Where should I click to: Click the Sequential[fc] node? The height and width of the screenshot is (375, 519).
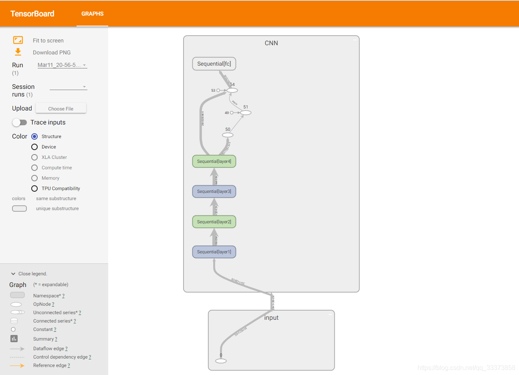[x=214, y=64]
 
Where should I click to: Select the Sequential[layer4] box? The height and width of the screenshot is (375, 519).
[x=214, y=161]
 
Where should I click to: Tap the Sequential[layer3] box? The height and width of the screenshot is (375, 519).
[x=214, y=191]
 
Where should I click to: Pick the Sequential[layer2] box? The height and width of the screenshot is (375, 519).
[x=214, y=222]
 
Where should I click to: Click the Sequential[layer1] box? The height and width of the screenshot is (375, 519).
[x=214, y=252]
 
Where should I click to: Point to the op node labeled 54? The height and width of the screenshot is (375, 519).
[x=232, y=90]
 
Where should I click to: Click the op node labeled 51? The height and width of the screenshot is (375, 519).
[x=246, y=113]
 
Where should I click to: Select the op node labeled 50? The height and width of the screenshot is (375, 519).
[x=228, y=135]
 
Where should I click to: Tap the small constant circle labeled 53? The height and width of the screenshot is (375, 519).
[x=218, y=90]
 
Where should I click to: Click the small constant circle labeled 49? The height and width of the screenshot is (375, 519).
[x=232, y=113]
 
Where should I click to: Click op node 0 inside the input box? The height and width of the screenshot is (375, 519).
[x=221, y=361]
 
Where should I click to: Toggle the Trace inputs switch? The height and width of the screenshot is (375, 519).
[x=19, y=122]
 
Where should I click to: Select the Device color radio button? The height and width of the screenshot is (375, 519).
[x=34, y=147]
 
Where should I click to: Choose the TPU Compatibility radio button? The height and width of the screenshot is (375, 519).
[x=34, y=189]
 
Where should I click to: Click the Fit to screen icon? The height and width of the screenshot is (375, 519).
[x=18, y=40]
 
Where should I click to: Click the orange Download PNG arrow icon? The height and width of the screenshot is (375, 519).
[x=18, y=52]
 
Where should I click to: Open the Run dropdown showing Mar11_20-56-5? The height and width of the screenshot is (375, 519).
[x=62, y=65]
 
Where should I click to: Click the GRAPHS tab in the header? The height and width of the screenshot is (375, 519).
[x=92, y=14]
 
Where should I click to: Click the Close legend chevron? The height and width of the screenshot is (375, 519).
[x=13, y=274]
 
